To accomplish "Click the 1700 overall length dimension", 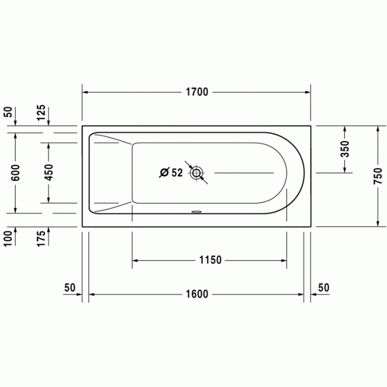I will (x=196, y=92).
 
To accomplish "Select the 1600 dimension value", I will (x=196, y=294).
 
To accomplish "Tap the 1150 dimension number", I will (x=210, y=260).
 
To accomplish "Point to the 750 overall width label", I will (x=378, y=175).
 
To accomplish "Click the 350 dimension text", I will (x=344, y=149).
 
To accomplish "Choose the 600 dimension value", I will (x=15, y=172).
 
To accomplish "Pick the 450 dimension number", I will (x=49, y=172).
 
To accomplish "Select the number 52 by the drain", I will (x=176, y=173).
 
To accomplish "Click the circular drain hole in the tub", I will (x=196, y=174).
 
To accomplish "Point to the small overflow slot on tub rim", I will (x=196, y=211).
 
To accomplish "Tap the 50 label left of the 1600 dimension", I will (x=70, y=287).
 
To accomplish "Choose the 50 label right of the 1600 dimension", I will (x=323, y=287).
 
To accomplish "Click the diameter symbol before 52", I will (x=164, y=173).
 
